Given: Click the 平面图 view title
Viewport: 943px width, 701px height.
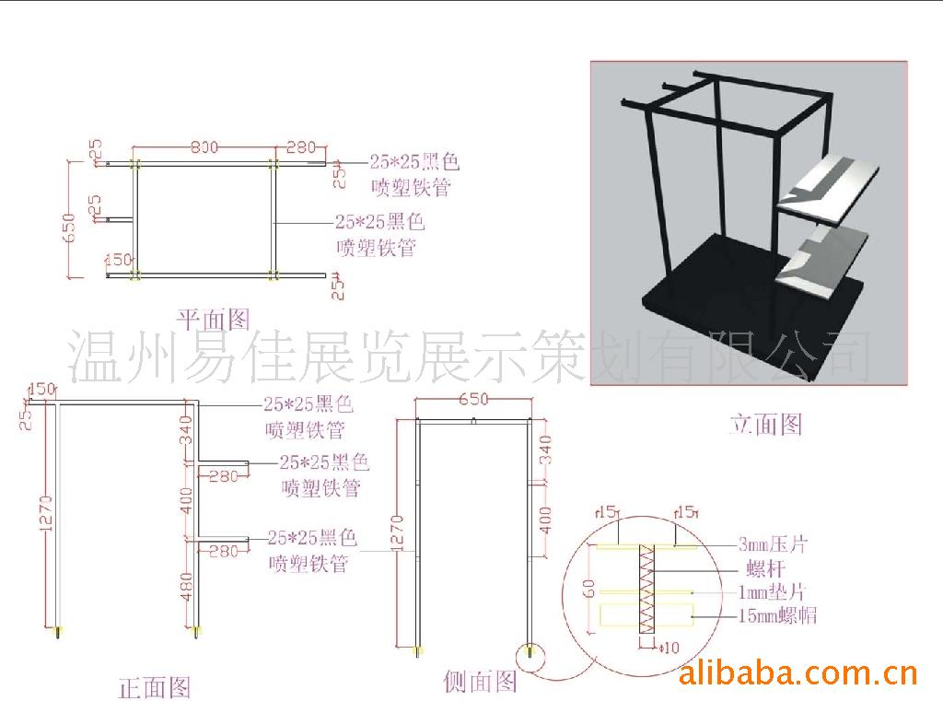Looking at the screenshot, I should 213,320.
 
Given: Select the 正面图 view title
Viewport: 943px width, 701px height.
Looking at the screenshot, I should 155,686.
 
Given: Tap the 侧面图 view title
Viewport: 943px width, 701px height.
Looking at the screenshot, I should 480,682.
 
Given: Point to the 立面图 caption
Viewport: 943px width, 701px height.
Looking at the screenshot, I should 765,424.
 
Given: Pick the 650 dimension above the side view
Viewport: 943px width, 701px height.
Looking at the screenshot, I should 472,400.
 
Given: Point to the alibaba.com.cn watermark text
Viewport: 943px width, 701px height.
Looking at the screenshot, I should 797,674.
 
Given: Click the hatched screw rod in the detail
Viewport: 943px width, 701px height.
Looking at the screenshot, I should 645,589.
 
